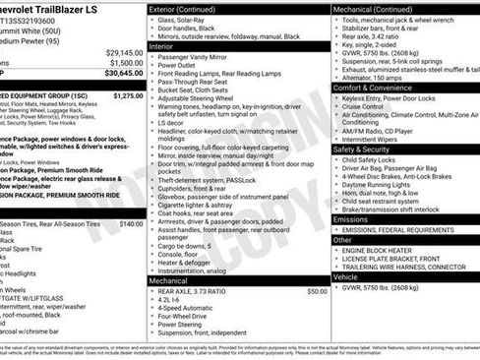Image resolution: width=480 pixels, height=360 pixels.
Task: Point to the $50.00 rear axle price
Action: pyautogui.click(x=317, y=291)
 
